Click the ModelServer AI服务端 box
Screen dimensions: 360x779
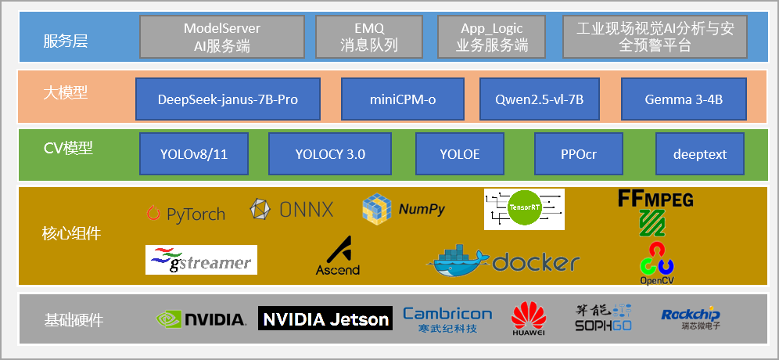click(222, 37)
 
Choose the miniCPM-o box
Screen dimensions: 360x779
click(403, 99)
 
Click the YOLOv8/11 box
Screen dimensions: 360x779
click(194, 154)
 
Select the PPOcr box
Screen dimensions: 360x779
click(578, 154)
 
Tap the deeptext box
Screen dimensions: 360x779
click(699, 154)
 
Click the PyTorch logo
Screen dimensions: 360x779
click(185, 213)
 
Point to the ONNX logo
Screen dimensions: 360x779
click(292, 209)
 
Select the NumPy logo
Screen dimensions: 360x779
click(404, 209)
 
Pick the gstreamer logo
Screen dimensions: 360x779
click(201, 260)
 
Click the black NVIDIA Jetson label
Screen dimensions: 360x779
click(325, 319)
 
